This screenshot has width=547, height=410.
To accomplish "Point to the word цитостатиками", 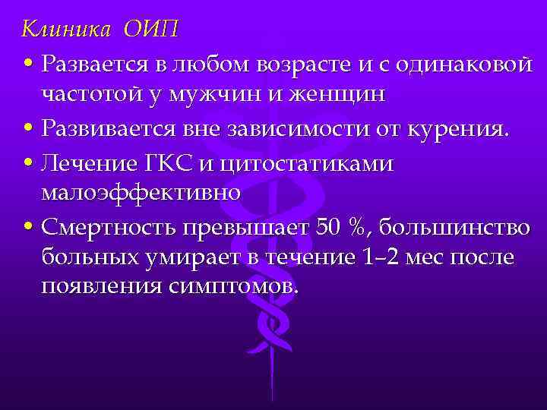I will click(x=312, y=162).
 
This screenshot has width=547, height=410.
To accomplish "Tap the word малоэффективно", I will click(x=141, y=193).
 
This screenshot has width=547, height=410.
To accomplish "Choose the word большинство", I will click(x=460, y=226).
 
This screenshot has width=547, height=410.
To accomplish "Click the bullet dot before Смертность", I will click(x=27, y=228).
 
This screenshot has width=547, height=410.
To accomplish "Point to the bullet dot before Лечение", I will click(x=27, y=163).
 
